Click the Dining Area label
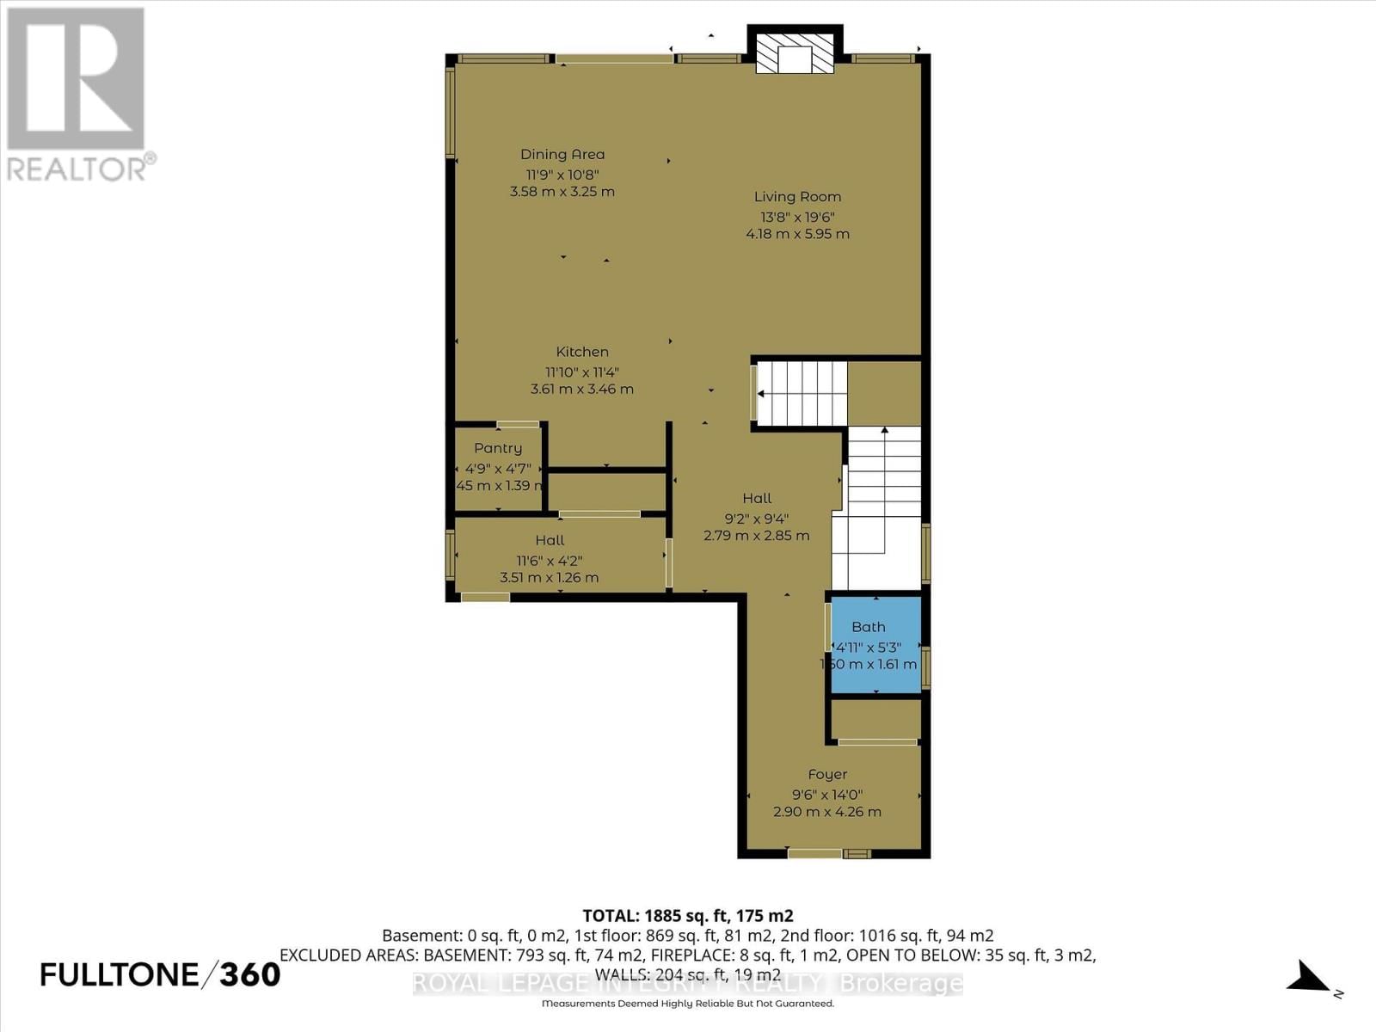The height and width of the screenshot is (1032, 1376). (562, 155)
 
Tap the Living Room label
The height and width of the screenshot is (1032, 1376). (797, 197)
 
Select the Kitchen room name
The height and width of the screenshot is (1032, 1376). (582, 352)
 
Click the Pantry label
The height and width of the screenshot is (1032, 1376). (498, 448)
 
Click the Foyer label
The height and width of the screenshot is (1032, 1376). (827, 775)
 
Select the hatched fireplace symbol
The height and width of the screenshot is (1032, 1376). (795, 54)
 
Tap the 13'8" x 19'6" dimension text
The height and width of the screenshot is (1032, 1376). (797, 218)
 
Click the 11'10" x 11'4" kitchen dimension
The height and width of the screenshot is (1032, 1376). (582, 372)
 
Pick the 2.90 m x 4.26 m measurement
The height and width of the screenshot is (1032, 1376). (827, 812)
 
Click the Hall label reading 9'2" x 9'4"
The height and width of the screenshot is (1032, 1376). (757, 499)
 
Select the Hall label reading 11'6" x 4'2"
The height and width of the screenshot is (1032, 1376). (550, 540)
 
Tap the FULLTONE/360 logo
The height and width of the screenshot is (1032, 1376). (161, 974)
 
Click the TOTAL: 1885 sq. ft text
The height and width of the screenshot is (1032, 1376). (687, 916)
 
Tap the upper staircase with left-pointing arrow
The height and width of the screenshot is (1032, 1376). (800, 394)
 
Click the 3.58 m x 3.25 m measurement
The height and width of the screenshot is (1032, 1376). (562, 192)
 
